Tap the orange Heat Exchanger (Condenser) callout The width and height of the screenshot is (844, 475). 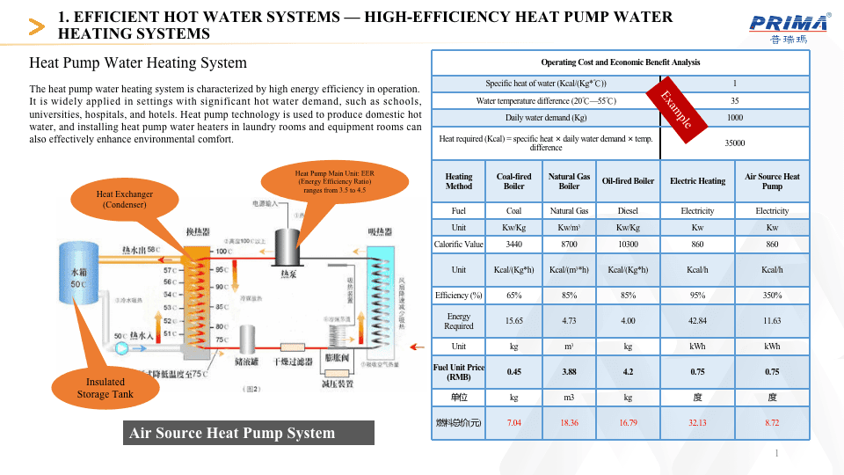point(124,199)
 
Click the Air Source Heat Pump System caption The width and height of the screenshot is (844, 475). point(232,433)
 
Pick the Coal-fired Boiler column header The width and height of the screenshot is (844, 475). point(513,181)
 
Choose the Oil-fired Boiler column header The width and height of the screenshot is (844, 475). point(628,181)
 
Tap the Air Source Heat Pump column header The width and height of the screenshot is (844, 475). point(772,181)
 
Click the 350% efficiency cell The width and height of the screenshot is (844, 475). point(772,295)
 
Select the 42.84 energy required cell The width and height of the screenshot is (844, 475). point(698,321)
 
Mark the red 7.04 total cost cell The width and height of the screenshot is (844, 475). point(513,423)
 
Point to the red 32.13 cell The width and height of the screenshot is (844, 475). point(698,423)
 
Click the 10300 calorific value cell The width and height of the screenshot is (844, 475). point(628,244)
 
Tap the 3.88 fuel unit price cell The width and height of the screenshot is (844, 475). point(570,371)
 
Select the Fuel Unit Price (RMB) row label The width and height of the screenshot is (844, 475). point(459,371)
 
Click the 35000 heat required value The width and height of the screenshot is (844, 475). point(734,142)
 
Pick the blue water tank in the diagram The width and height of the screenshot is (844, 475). point(77,274)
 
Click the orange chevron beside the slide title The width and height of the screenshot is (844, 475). point(37,26)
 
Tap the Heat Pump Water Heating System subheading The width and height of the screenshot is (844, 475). point(138,63)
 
